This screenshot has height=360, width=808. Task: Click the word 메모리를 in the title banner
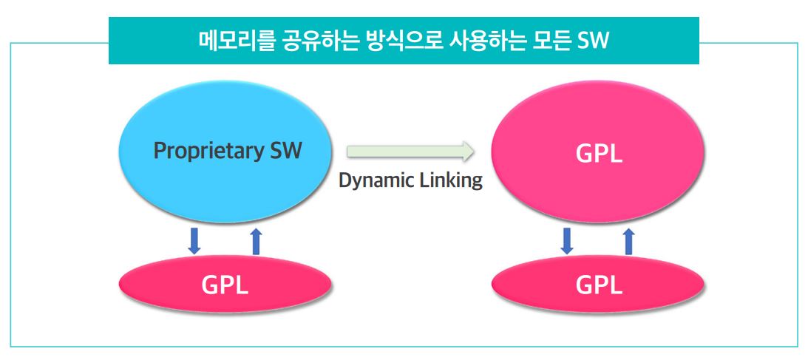pyautogui.click(x=236, y=41)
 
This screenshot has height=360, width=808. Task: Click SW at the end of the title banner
pyautogui.click(x=594, y=41)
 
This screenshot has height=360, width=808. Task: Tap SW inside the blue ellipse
pyautogui.click(x=282, y=151)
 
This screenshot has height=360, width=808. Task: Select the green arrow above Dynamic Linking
pyautogui.click(x=410, y=152)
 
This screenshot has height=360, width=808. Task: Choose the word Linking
pyautogui.click(x=449, y=180)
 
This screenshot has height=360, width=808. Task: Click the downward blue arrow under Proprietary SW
pyautogui.click(x=194, y=241)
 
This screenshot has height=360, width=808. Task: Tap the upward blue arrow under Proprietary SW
pyautogui.click(x=256, y=241)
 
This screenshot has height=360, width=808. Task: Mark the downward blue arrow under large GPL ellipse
pyautogui.click(x=568, y=241)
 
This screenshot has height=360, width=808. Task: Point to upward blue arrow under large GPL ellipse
pyautogui.click(x=629, y=241)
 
